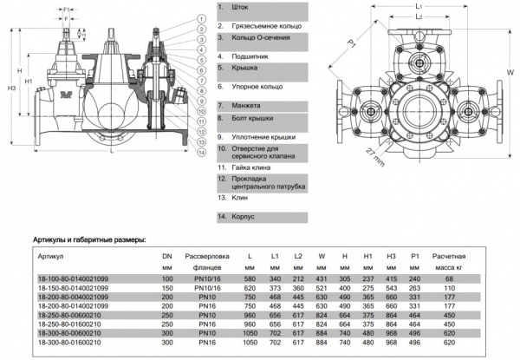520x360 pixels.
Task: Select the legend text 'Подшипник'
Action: pyautogui.click(x=249, y=56)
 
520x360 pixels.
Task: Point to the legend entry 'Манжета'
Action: pyautogui.click(x=245, y=105)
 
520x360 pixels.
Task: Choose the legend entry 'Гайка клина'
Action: pyautogui.click(x=252, y=167)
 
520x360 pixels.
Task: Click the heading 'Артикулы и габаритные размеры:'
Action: pyautogui.click(x=88, y=239)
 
